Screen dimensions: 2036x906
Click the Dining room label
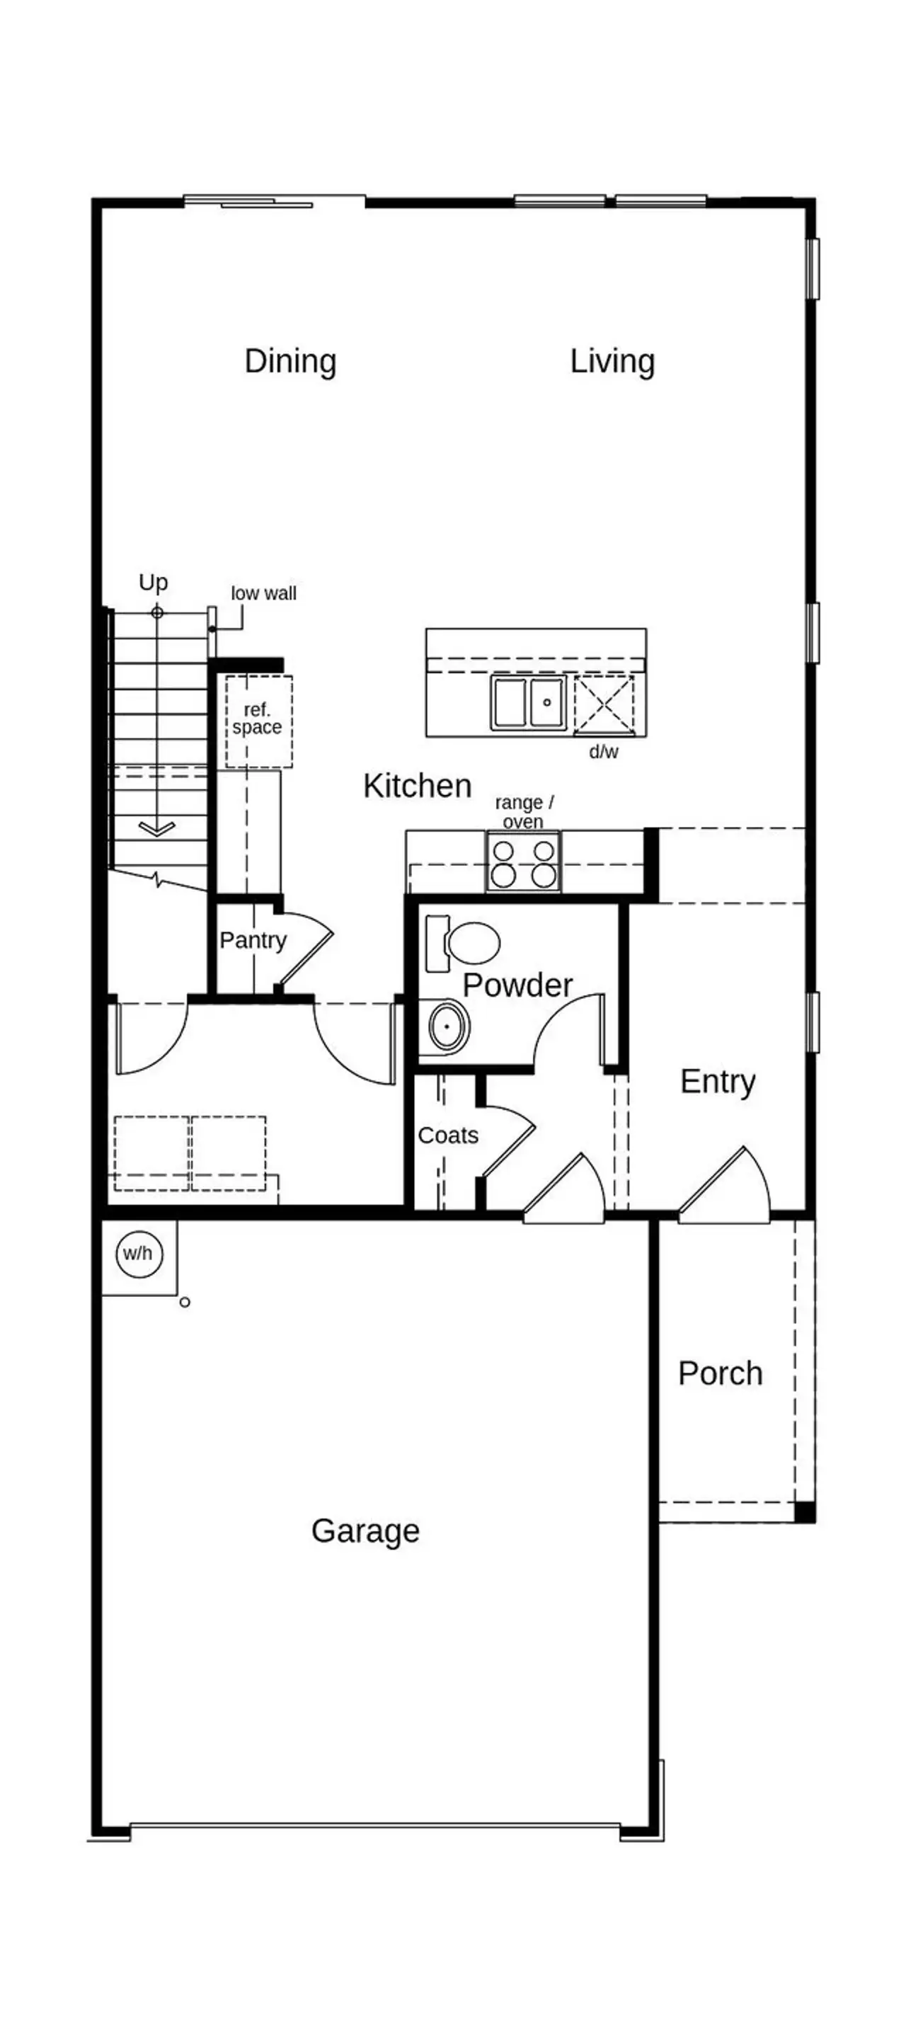(290, 361)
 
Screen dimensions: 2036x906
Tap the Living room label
(612, 361)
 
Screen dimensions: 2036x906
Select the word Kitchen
(417, 786)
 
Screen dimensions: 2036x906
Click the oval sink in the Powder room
(447, 1026)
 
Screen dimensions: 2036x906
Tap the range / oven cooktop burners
(522, 863)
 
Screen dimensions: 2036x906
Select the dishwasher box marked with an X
(603, 704)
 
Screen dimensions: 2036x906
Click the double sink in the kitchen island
(527, 702)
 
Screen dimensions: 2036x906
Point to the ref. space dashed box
(258, 721)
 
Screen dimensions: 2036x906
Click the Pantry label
(252, 939)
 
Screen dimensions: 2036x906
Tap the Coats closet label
(447, 1135)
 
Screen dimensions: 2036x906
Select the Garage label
(365, 1531)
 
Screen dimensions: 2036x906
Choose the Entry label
(717, 1080)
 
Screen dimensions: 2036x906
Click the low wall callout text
(263, 593)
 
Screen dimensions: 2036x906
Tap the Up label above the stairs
(154, 583)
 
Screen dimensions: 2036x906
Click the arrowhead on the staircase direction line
(157, 828)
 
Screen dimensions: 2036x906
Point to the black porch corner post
(804, 1511)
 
